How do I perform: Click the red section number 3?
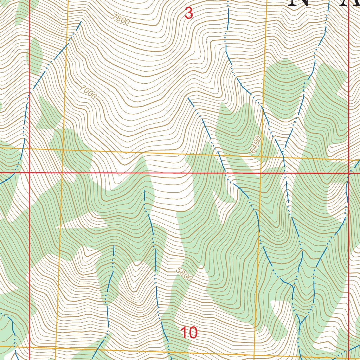pyautogui.click(x=189, y=13)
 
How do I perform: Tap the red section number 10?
pyautogui.click(x=189, y=333)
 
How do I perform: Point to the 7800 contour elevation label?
pyautogui.click(x=122, y=19)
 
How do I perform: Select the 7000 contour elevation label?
pyautogui.click(x=88, y=92)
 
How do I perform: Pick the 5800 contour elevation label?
pyautogui.click(x=184, y=274)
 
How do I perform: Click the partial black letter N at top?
pyautogui.click(x=299, y=3)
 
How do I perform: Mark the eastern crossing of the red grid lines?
pyautogui.click(x=349, y=173)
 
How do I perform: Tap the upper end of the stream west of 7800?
pyautogui.click(x=81, y=22)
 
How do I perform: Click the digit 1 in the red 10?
pyautogui.click(x=184, y=333)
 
